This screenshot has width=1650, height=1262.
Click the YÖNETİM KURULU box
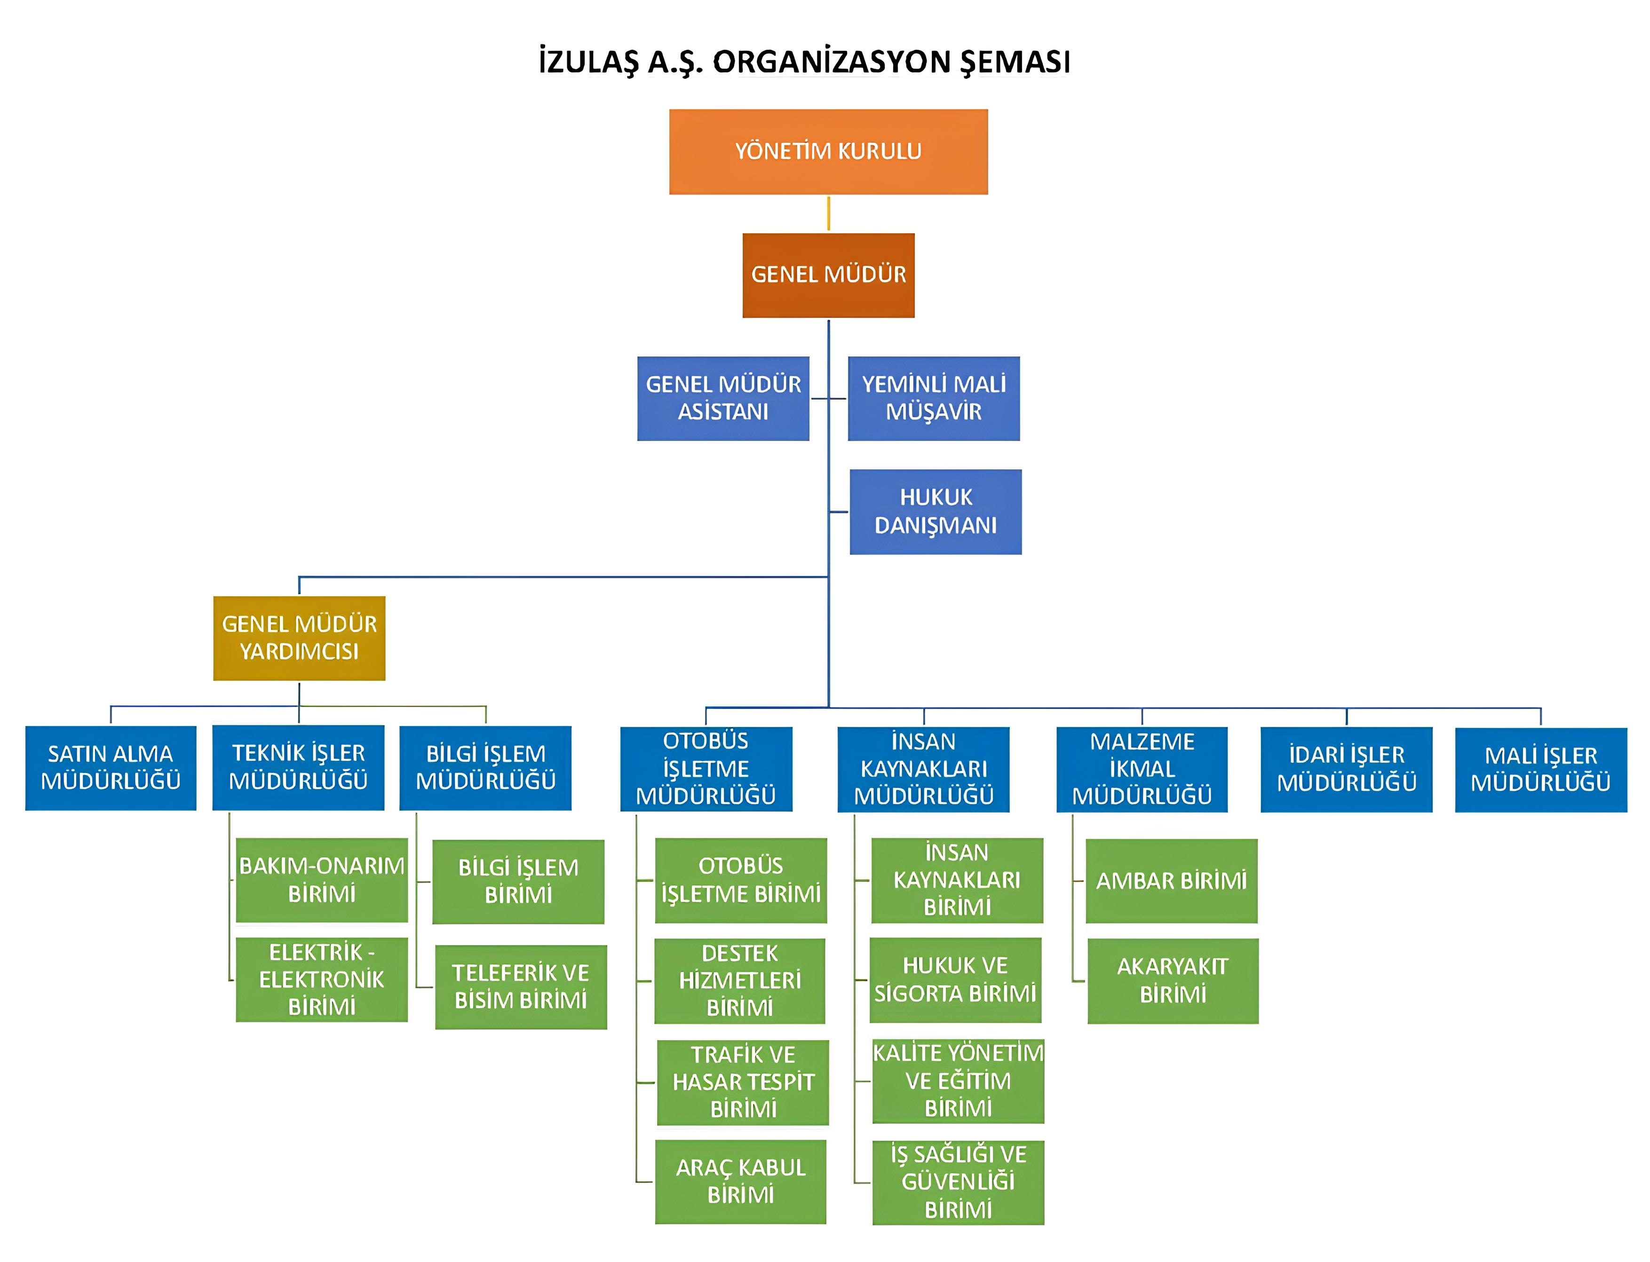(827, 152)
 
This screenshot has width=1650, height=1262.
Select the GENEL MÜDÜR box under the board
(828, 275)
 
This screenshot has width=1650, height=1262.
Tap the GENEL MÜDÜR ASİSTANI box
(723, 398)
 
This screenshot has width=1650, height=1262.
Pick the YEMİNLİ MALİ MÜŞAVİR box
(933, 398)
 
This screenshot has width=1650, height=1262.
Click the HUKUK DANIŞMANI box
(936, 512)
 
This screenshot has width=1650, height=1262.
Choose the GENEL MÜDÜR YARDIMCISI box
(299, 638)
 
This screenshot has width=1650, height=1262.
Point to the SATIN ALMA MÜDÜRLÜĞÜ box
(111, 768)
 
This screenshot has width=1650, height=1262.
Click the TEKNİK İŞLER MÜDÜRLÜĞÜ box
(298, 767)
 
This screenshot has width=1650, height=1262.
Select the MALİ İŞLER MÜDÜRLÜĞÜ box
(1540, 769)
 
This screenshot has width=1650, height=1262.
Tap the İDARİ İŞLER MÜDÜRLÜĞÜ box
(1346, 769)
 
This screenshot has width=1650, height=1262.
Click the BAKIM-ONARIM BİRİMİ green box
(322, 880)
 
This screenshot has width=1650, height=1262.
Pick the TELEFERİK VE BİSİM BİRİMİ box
(521, 986)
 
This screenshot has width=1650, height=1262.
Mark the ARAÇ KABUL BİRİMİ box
(740, 1181)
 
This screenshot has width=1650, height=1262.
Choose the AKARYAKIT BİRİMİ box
(1172, 980)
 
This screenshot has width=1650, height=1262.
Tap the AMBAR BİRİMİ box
(1171, 880)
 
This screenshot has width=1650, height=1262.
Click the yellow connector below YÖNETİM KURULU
(828, 213)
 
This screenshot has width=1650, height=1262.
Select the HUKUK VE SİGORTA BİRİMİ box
(955, 979)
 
